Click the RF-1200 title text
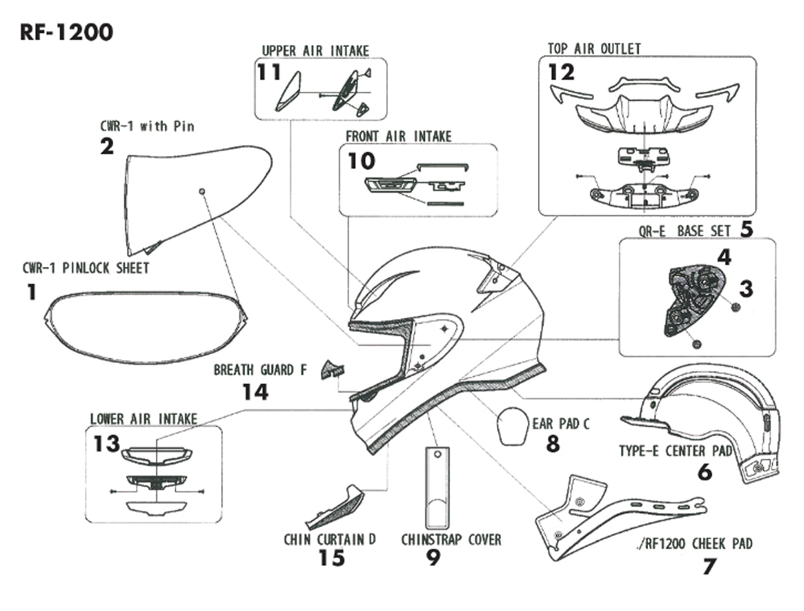66,32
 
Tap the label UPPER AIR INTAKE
315,51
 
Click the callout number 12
561,72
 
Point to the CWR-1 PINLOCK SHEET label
86,268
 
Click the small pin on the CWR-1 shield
202,192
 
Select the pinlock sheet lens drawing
144,327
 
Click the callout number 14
255,391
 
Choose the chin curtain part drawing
335,507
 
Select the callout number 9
433,557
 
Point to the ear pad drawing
513,426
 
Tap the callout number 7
709,566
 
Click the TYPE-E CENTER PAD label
675,451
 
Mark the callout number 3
746,289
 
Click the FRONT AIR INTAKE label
399,136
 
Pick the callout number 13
107,444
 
